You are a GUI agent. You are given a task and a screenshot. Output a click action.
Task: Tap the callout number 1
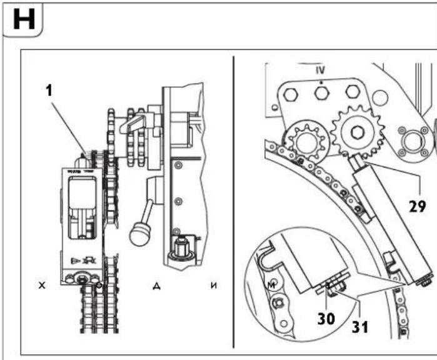[x=50, y=91]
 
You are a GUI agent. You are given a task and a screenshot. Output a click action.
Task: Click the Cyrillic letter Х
[x=41, y=286]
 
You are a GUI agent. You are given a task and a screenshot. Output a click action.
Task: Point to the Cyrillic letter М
[x=271, y=286]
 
